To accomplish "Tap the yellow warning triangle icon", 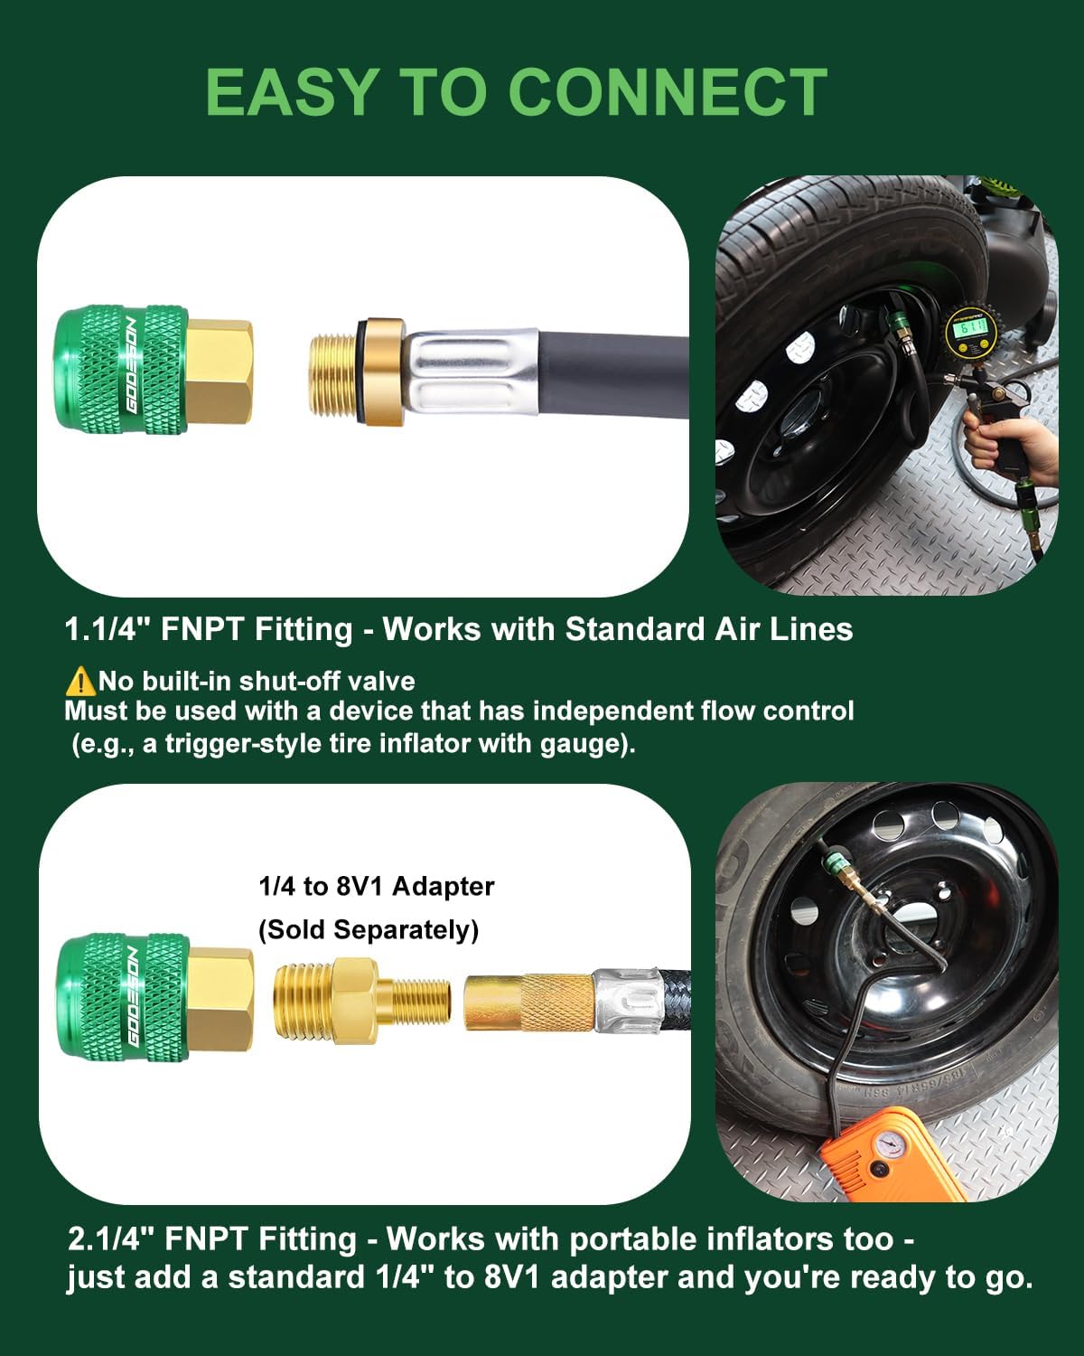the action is click(x=80, y=681).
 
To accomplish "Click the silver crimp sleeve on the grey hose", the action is click(x=471, y=372).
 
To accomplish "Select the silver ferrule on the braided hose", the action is click(x=626, y=1002).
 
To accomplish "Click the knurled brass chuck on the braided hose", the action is click(x=529, y=1002).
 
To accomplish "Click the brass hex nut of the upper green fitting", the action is click(x=220, y=372).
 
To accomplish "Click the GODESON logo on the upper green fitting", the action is click(x=131, y=365).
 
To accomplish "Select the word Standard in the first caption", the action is click(x=634, y=629).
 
